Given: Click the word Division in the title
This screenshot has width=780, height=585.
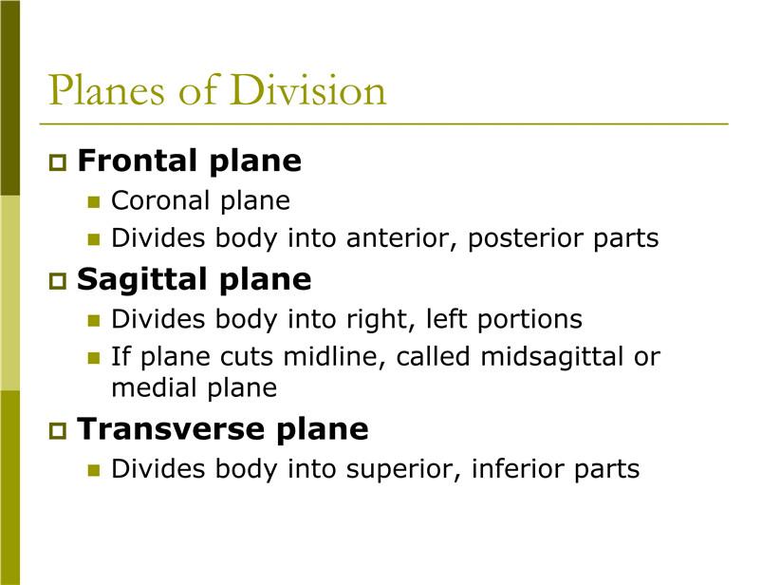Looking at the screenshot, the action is click(x=308, y=89).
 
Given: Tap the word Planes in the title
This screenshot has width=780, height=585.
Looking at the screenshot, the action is click(x=106, y=89).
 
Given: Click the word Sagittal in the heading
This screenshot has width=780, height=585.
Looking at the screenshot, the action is click(x=141, y=280).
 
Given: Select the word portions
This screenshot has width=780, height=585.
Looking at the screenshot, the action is click(x=529, y=320).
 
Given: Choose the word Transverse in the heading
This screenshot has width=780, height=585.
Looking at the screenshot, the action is click(x=171, y=428).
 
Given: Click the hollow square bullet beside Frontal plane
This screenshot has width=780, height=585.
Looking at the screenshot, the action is click(x=58, y=162).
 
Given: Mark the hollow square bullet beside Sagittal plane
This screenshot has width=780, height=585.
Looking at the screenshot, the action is click(x=58, y=281).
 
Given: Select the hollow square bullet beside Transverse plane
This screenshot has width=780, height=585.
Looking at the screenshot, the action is click(x=58, y=430).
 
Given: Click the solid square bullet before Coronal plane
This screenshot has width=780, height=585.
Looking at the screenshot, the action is click(x=94, y=201).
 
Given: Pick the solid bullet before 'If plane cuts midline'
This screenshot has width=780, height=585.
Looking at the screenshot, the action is click(x=94, y=358).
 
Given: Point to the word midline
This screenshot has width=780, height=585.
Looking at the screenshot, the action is click(x=335, y=357).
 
